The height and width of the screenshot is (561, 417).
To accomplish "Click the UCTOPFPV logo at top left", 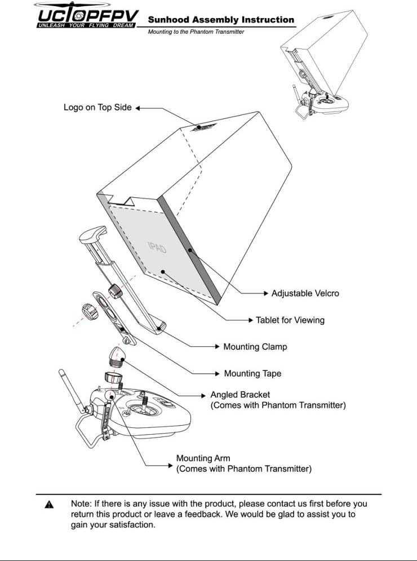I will coord(86,13).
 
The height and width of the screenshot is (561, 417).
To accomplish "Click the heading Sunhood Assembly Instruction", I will coord(221,20).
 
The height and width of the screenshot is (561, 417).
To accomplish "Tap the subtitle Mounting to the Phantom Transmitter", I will coord(196,32).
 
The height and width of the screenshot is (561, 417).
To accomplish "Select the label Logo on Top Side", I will coord(97,107).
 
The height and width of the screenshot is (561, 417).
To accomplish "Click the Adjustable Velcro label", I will coord(305,293).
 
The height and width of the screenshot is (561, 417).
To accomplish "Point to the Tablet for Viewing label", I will coord(290,320).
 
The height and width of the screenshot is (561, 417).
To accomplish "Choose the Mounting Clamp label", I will coord(255,347).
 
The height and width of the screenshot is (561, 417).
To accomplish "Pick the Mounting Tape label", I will coord(252,373).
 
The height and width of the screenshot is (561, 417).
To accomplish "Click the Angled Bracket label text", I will coord(240,395).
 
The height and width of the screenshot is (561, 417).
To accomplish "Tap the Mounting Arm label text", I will coord(203,458).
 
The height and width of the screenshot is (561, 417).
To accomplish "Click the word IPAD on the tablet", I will coord(157,247).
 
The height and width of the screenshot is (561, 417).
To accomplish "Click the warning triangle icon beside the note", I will coord(50,504).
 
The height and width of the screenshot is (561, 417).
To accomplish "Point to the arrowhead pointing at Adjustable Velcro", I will coord(266,293).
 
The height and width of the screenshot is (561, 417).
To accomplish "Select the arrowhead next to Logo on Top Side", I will coord(137,107).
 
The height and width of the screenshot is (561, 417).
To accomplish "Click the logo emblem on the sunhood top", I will coord(199,127).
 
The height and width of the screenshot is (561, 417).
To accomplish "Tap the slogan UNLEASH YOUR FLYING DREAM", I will coord(86,25).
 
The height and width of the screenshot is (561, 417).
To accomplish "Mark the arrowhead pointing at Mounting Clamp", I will coord(218,347).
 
